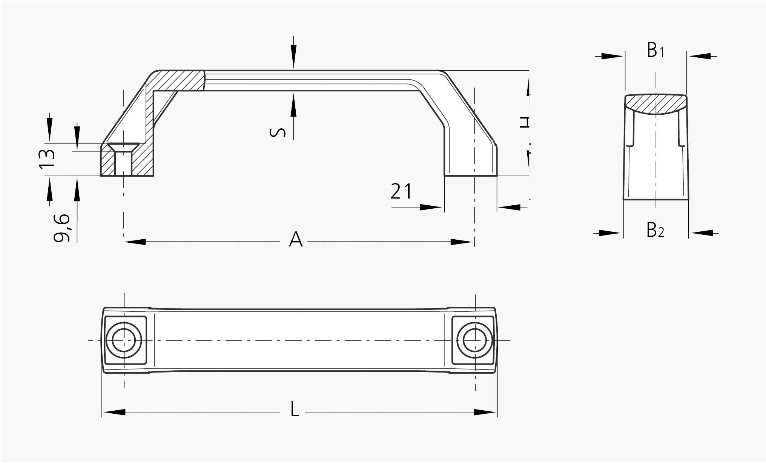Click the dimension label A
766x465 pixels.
point(296,239)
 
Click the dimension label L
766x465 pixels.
point(295,410)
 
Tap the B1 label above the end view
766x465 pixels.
point(655,51)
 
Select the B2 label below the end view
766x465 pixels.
point(655,230)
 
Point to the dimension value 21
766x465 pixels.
point(401,191)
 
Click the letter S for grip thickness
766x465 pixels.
point(278,132)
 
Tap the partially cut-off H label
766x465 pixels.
point(525,122)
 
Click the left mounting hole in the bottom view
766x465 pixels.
point(124,340)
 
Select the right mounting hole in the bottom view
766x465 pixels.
point(474,340)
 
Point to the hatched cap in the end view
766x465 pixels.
point(655,103)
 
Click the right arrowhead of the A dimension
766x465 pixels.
point(462,242)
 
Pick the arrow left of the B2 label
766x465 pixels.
point(610,233)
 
